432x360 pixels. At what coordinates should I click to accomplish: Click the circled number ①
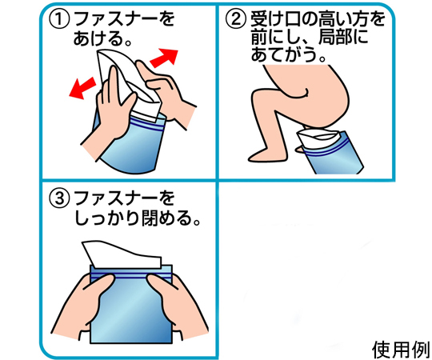click(x=59, y=20)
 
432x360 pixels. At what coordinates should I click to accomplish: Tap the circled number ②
click(x=235, y=19)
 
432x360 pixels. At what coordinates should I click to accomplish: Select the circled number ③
click(x=59, y=199)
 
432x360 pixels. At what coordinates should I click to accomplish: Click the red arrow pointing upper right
click(x=164, y=58)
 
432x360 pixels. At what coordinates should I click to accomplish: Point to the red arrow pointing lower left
click(x=82, y=87)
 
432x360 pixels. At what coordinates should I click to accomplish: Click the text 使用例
click(x=401, y=350)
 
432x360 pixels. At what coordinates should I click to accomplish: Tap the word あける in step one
click(x=98, y=38)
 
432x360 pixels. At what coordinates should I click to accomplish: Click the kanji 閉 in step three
click(x=150, y=218)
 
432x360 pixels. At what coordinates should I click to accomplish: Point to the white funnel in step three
click(x=122, y=254)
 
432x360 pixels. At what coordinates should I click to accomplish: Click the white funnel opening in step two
click(x=319, y=136)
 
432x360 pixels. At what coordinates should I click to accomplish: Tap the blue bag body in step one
click(x=132, y=146)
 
